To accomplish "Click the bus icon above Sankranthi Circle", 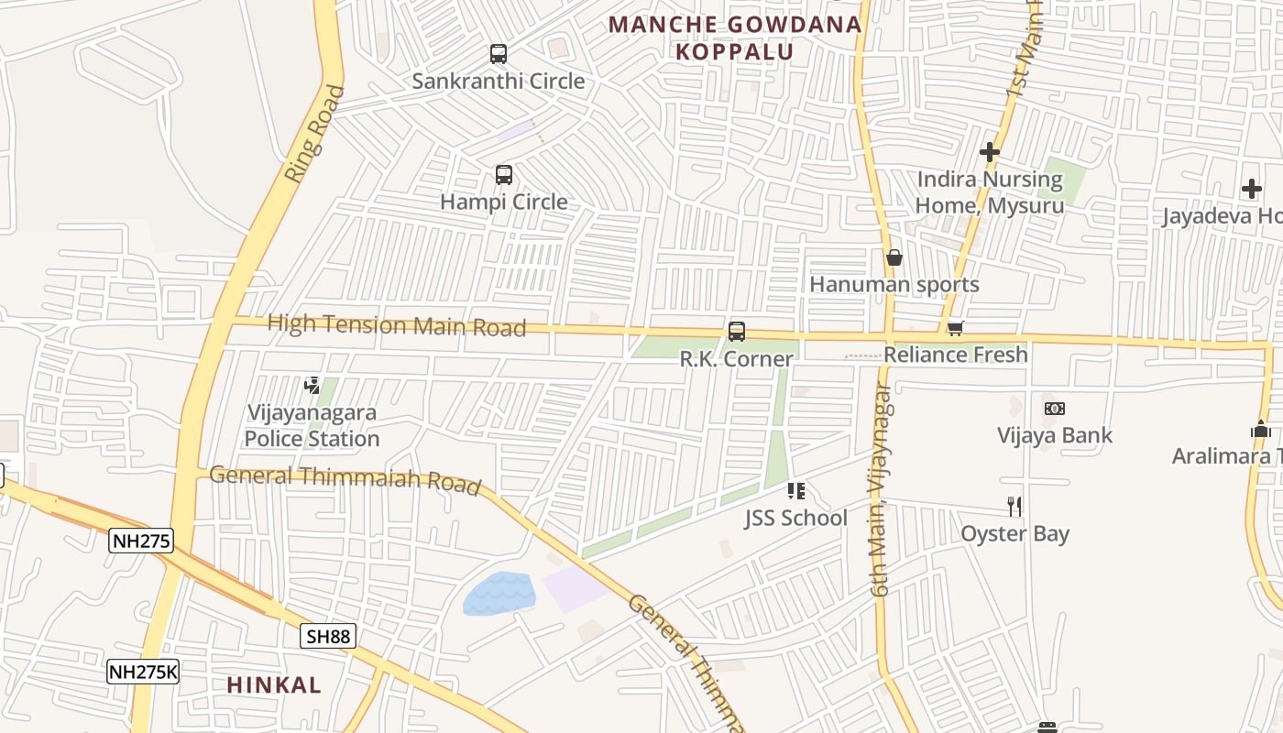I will pos(498,54).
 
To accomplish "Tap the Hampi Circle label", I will pos(504,202).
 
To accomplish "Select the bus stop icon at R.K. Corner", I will pos(737,332).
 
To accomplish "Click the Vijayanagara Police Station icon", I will pos(313,385).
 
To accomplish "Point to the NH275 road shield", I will pos(141,541).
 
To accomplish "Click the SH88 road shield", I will pos(328,636).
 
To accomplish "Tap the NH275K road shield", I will pos(143,672).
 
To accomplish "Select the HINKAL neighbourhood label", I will pos(274,684).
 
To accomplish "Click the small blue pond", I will pos(499,593).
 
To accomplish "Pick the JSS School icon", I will pos(795,492).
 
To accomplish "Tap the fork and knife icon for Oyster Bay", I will pos(1014,507).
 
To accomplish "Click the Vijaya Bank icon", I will pos(1055,409).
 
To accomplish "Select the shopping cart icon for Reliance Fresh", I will pos(956,328).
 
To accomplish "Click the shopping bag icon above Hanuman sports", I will pos(894,257).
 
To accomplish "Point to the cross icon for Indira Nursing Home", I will pos(990,152).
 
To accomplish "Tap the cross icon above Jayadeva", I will pos(1252,190).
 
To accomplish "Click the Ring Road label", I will pos(314,134).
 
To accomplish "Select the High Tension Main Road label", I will pos(397,325).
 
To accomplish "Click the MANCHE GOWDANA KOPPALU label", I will pos(735,38).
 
